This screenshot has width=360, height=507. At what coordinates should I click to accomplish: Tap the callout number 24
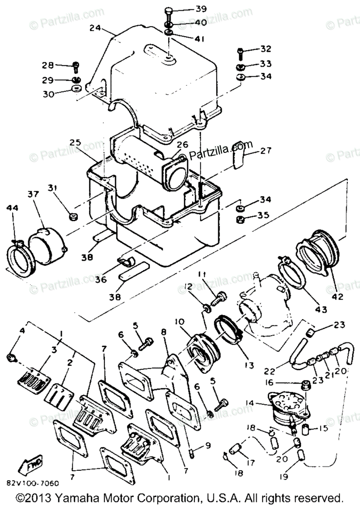[x=95, y=29]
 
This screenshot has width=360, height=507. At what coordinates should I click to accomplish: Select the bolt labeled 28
[x=76, y=65]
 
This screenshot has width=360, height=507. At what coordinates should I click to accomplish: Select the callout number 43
[x=321, y=310]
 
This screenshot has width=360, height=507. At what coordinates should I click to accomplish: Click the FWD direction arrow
[x=34, y=467]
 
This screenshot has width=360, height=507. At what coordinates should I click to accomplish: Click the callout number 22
[x=270, y=371]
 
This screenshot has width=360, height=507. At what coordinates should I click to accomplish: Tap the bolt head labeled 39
[x=168, y=10]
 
